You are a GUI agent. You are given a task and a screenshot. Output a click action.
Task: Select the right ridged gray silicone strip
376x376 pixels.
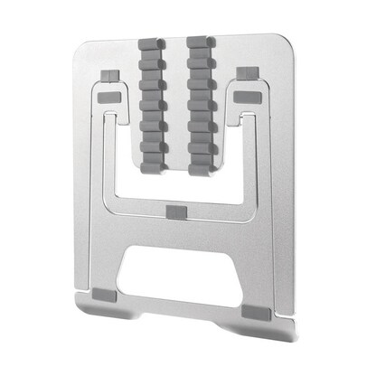click(202, 106)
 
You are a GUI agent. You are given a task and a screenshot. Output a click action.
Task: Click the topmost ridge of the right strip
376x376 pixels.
click(202, 42)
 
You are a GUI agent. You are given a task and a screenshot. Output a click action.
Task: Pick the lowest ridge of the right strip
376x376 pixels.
click(202, 165)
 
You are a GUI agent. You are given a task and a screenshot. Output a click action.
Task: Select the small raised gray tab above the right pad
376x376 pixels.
click(245, 73)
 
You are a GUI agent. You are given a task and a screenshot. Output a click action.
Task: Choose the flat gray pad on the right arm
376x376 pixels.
click(247, 95)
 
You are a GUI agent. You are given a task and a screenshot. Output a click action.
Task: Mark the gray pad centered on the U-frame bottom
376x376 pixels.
click(177, 211)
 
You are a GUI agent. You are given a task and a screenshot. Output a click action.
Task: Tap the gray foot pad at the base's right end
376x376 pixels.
click(256, 310)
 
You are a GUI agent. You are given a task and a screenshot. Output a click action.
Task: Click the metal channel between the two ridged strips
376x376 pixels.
click(177, 99)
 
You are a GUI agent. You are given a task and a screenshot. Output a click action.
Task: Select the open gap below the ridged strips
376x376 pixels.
click(177, 185)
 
